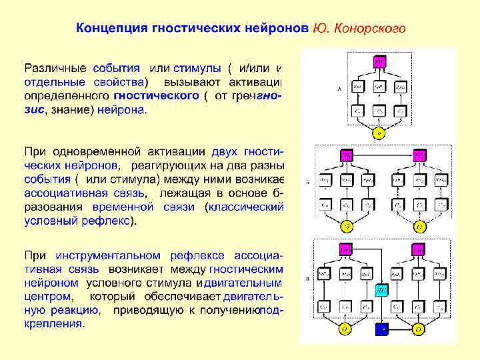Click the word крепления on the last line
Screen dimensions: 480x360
[54, 324]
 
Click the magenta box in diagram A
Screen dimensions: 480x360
[379, 61]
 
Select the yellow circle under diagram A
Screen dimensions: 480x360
[379, 132]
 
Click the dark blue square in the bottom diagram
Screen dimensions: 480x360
[381, 329]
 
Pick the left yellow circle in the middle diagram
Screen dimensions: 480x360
[347, 226]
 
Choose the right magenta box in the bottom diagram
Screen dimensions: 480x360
[418, 249]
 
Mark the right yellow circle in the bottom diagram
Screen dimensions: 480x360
[418, 329]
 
